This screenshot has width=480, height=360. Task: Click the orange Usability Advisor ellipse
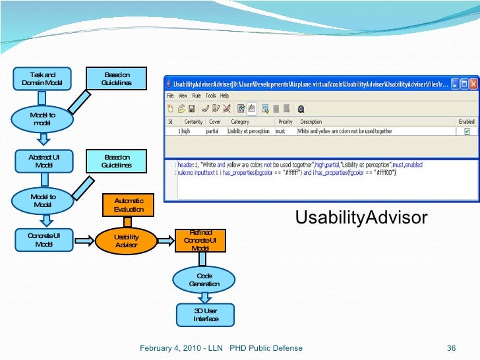click(x=126, y=241)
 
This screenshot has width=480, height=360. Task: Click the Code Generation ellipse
click(x=204, y=280)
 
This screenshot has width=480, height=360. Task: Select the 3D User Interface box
click(x=205, y=315)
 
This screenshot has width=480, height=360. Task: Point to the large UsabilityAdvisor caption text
click(x=361, y=218)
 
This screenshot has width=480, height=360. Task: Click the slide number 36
click(x=452, y=348)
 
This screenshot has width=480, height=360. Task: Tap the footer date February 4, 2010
click(x=169, y=348)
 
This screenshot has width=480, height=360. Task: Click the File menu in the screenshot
click(x=170, y=96)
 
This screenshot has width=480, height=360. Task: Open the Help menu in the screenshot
click(x=224, y=96)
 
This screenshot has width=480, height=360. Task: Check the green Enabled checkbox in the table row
click(x=467, y=131)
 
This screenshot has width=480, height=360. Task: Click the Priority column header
click(x=285, y=121)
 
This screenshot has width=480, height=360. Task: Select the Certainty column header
click(x=193, y=121)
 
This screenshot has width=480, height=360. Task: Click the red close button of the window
click(x=473, y=84)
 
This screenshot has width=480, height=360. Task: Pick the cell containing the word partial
click(x=212, y=131)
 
